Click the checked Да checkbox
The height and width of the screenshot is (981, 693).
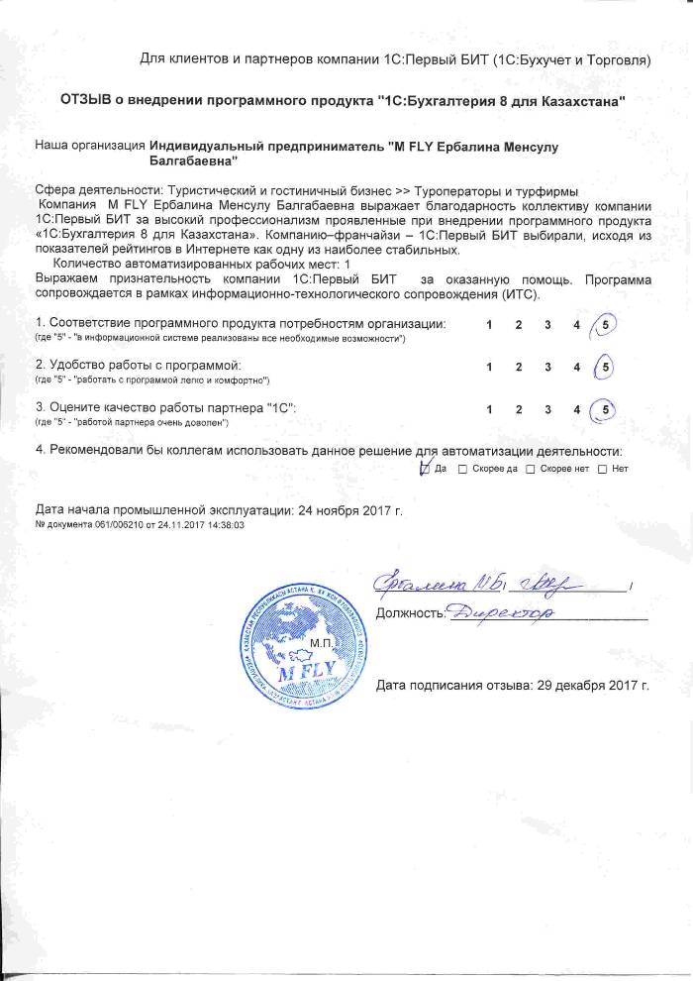[x=426, y=469]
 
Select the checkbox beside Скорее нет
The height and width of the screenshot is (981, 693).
[x=531, y=469]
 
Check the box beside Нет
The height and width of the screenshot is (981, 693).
[x=602, y=469]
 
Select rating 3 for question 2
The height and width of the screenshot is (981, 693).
[x=546, y=367]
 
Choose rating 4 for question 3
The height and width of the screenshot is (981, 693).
[x=576, y=408]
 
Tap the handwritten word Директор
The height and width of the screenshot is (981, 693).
[x=501, y=614]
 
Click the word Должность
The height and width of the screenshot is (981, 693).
[x=408, y=614]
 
